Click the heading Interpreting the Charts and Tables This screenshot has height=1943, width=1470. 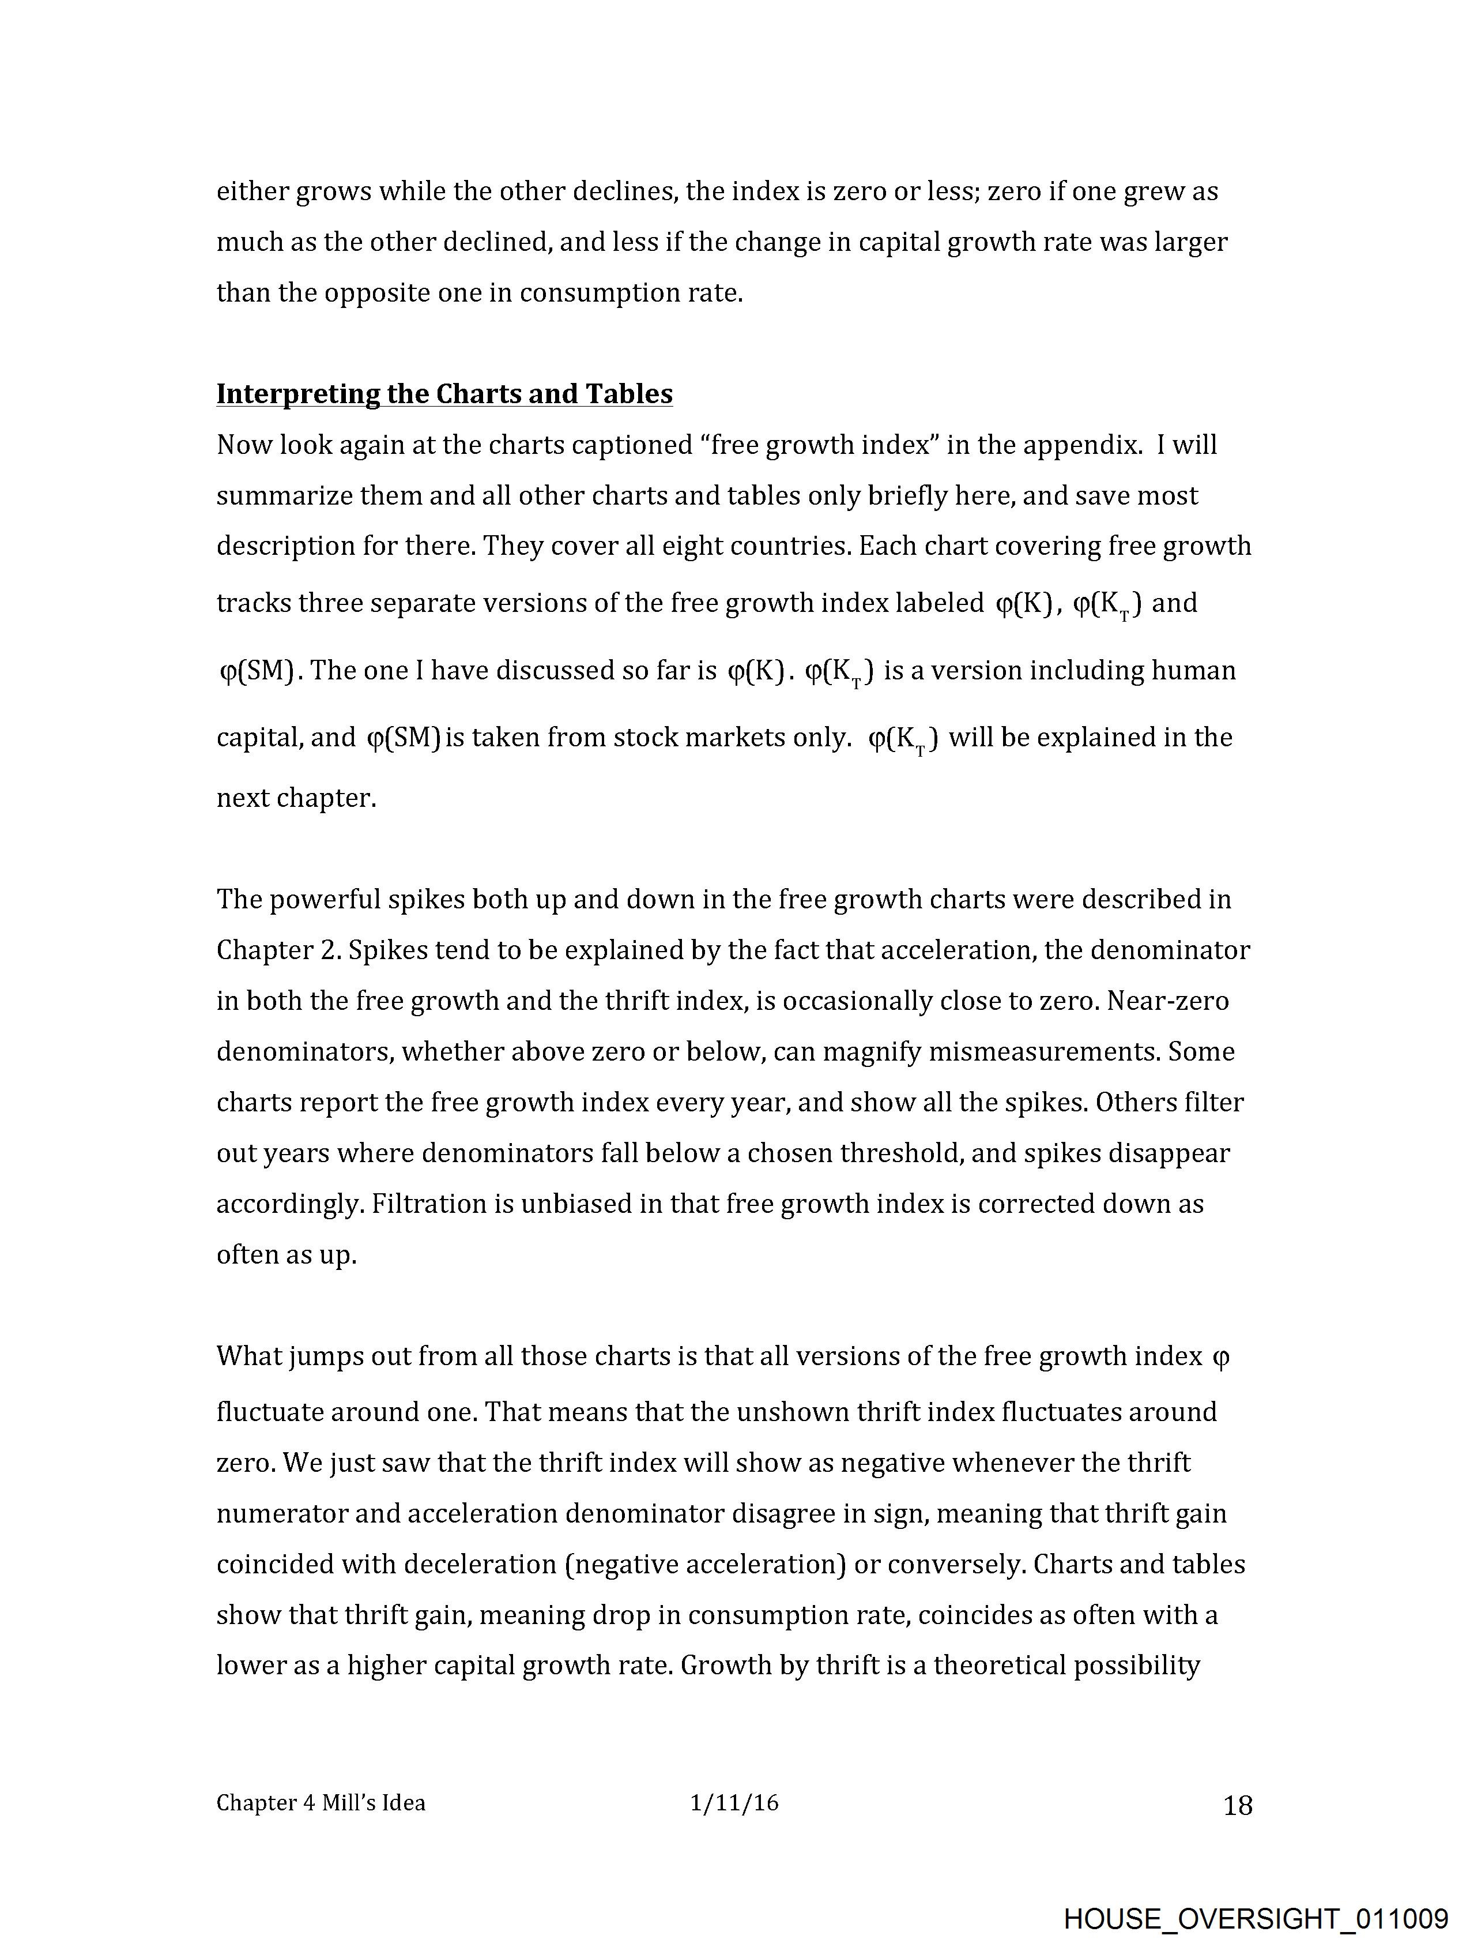click(444, 393)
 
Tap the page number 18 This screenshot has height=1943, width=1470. click(1237, 1806)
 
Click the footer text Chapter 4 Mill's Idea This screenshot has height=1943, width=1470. click(321, 1803)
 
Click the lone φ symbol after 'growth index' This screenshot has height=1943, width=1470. click(1220, 1358)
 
